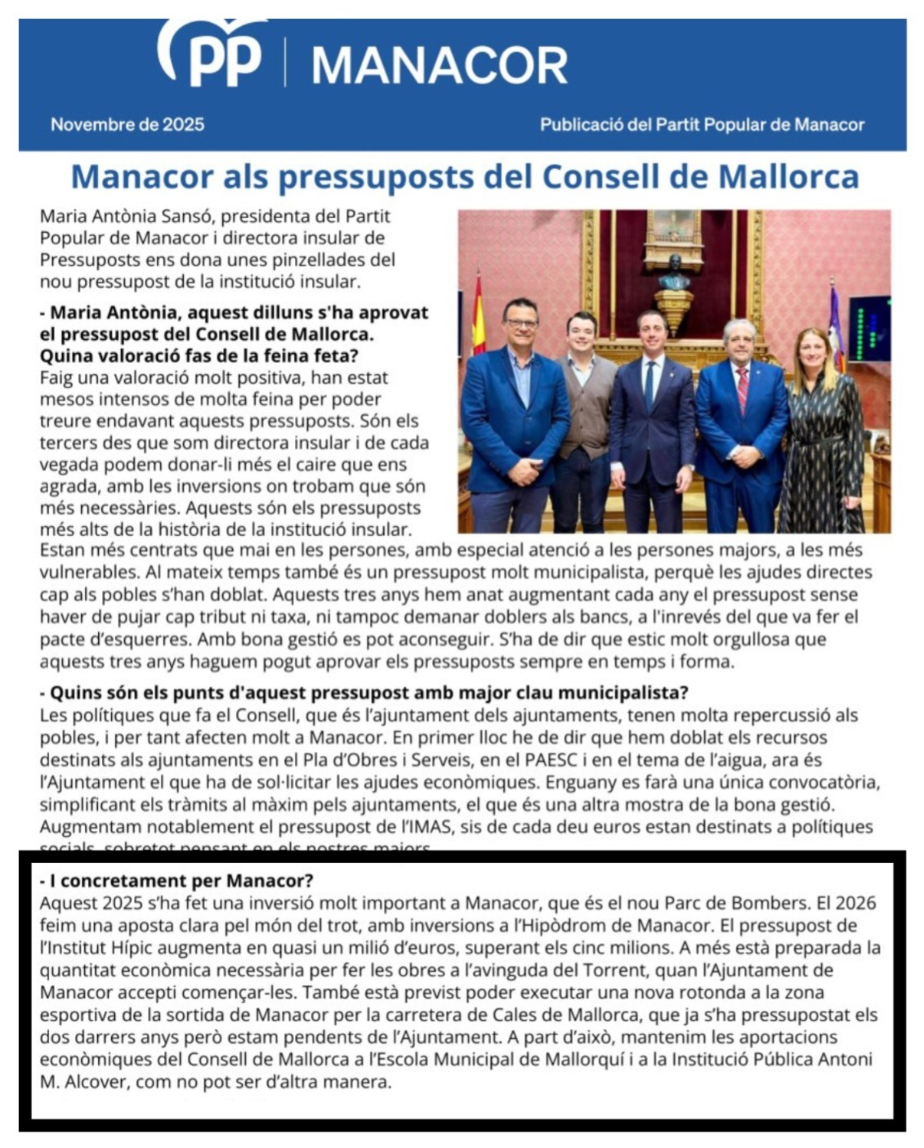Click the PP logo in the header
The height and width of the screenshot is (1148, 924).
click(212, 54)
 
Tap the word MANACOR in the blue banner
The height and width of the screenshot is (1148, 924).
click(439, 65)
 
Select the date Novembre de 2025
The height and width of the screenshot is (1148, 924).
click(127, 125)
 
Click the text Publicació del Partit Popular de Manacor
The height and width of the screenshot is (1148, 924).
click(702, 125)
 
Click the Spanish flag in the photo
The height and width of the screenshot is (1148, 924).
click(478, 315)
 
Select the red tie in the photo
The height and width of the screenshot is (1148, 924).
click(742, 389)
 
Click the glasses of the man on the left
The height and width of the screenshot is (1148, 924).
click(520, 324)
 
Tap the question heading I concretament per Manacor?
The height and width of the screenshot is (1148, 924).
click(176, 881)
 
